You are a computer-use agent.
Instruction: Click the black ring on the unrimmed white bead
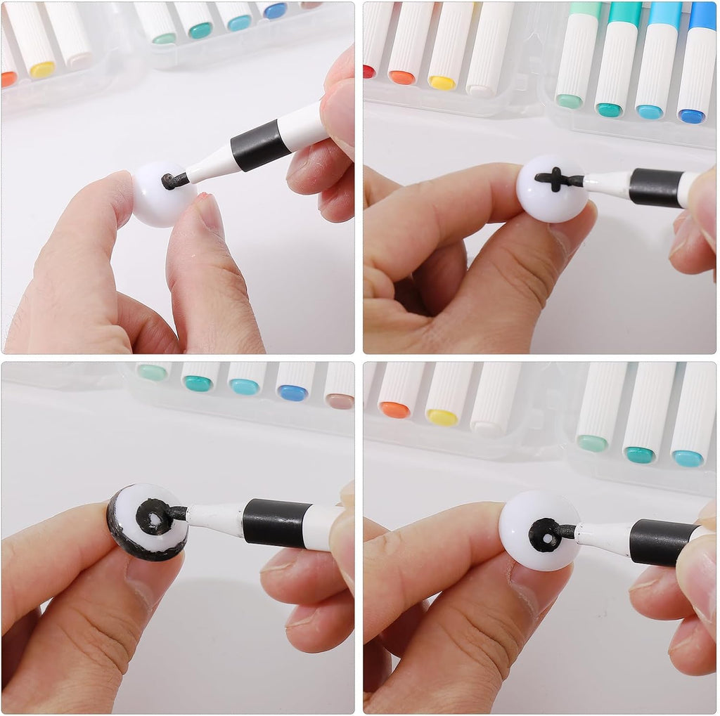[544, 535]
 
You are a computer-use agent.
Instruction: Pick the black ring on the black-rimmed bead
[154, 517]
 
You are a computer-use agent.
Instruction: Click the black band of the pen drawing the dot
[260, 145]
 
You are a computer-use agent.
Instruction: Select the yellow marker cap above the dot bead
[42, 70]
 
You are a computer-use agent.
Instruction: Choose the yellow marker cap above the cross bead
[442, 82]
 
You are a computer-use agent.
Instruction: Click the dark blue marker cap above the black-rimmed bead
[292, 393]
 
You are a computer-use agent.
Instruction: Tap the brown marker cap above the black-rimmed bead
[340, 401]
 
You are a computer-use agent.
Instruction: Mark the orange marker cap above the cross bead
[402, 77]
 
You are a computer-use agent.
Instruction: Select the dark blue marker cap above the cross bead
[692, 116]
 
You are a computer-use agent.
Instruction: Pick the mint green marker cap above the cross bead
[568, 101]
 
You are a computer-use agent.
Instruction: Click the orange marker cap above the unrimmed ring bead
[394, 410]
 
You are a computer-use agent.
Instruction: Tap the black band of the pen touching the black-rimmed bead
[276, 523]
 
